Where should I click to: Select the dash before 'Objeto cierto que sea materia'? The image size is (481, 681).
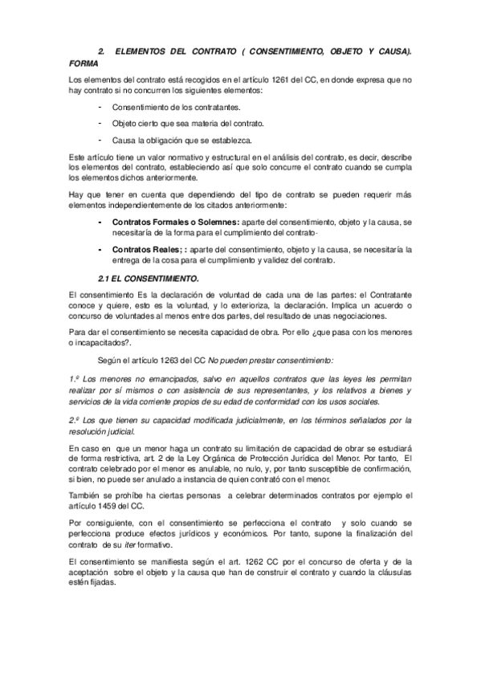point(100,123)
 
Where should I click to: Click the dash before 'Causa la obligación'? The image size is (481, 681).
point(100,139)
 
